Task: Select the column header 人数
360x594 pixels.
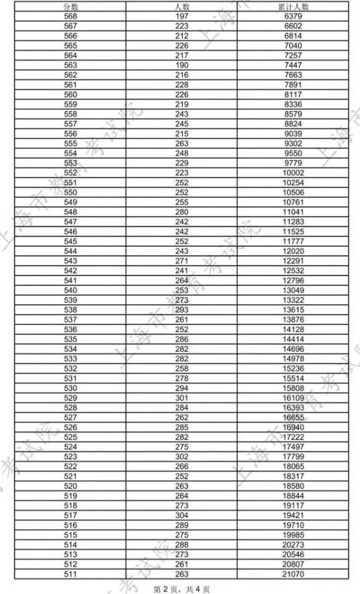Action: pos(182,5)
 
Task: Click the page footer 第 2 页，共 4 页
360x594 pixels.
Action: pos(181,588)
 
